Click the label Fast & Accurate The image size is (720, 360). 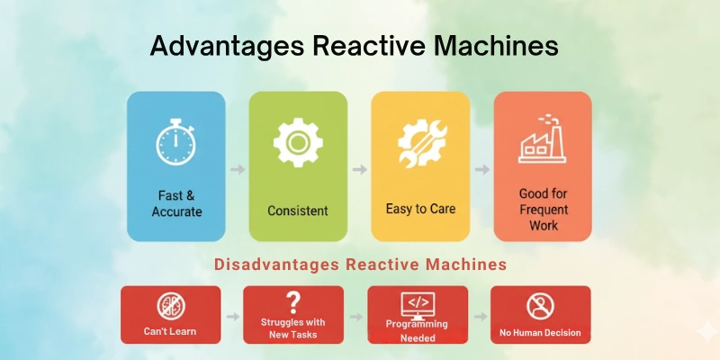pyautogui.click(x=176, y=203)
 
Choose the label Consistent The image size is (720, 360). pyautogui.click(x=298, y=211)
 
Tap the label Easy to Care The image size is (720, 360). pyautogui.click(x=420, y=209)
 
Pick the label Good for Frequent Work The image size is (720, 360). pyautogui.click(x=543, y=209)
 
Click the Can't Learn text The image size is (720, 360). pyautogui.click(x=170, y=332)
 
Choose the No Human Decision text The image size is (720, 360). pyautogui.click(x=540, y=333)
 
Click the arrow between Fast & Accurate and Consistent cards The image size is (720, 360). pyautogui.click(x=237, y=168)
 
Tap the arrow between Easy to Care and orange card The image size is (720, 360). pyautogui.click(x=481, y=168)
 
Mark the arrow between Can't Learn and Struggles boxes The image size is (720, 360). pyautogui.click(x=231, y=317)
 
